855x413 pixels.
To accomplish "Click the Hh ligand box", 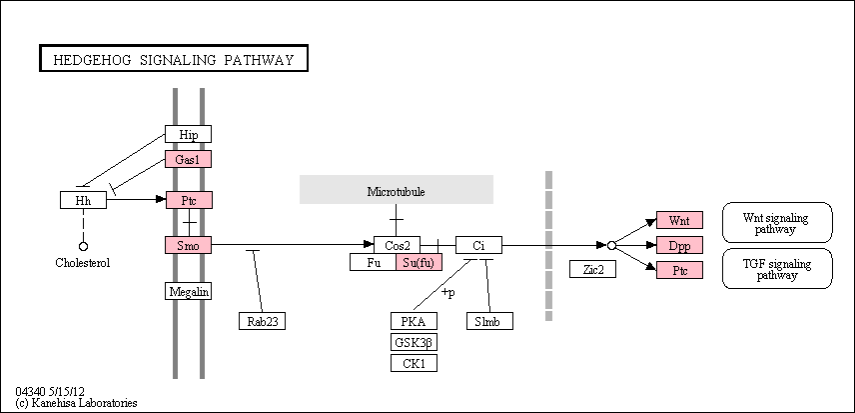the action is coord(84,200).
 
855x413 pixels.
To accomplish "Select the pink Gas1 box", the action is coord(188,159).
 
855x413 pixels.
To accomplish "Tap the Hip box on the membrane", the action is coord(188,134).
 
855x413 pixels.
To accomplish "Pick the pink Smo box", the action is coord(188,246).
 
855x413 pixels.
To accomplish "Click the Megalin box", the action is coord(188,291).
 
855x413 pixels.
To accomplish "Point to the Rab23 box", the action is coord(263,321).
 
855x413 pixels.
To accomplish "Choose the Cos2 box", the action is coord(397,245).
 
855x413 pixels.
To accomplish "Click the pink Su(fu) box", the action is coord(420,262).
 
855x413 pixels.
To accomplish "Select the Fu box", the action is coord(373,262).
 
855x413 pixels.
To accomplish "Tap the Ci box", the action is coord(478,245).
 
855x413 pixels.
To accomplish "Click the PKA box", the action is coord(414,321).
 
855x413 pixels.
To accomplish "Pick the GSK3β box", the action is coord(414,342).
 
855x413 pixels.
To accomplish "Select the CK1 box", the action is coord(414,363).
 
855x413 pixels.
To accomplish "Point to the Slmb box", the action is coord(490,321).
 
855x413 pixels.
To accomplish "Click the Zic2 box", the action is coord(592,269).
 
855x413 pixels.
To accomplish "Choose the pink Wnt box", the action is coord(679,220).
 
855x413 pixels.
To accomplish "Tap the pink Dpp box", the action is coord(679,245).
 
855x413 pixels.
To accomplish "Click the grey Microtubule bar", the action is coord(397,189).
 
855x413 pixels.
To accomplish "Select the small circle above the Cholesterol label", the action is coord(84,246).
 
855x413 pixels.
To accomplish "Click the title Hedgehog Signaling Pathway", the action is coord(174,59).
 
